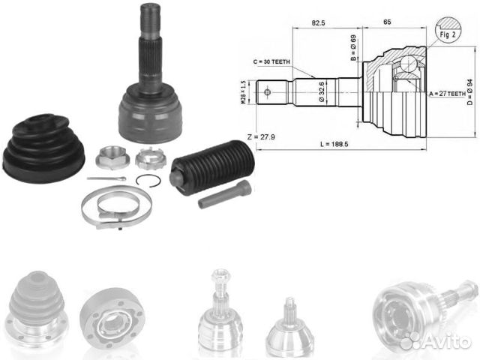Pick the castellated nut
coord(147,160)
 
